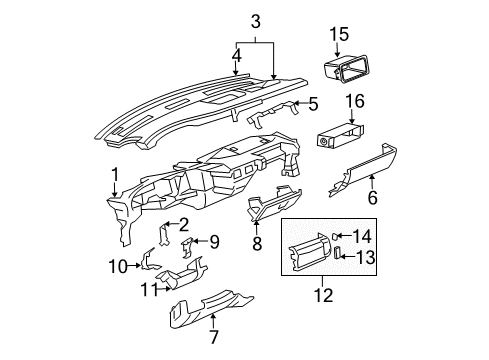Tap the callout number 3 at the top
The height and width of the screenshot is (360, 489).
[x=255, y=21]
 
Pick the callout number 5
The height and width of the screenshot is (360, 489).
[x=313, y=103]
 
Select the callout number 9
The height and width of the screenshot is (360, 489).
[x=214, y=240]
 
